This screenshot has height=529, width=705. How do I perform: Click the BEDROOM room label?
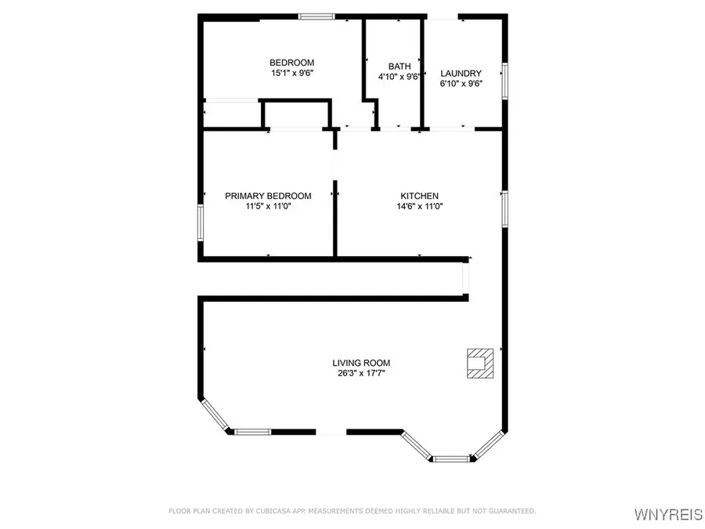291,63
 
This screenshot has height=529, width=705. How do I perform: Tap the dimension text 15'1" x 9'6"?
291,73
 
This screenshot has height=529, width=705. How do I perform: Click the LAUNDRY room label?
460,74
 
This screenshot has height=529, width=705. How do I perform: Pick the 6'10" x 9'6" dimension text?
460,84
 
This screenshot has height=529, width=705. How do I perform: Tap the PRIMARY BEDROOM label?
268,196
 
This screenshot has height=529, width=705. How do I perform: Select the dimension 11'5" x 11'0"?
268,206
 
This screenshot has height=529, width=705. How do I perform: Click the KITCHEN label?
420,196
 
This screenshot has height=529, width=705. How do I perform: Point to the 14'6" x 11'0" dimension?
420,206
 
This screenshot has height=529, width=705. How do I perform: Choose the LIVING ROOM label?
361,363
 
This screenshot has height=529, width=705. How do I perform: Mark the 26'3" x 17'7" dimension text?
361,373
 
